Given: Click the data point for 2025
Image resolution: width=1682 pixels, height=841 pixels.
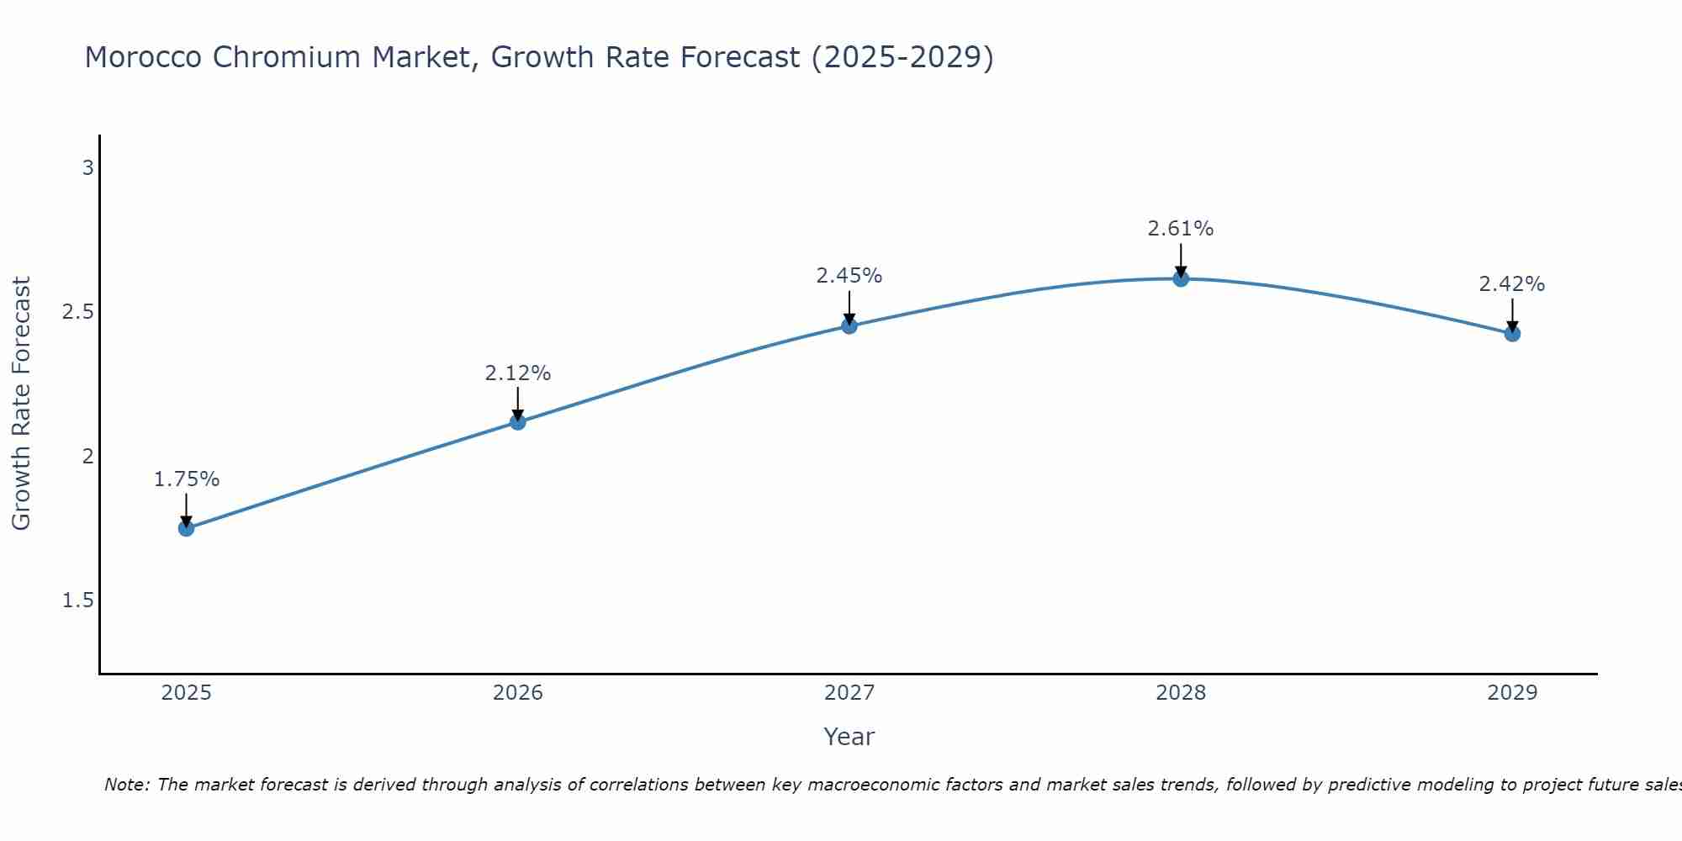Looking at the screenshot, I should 186,528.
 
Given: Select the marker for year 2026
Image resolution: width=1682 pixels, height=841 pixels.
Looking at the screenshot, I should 518,421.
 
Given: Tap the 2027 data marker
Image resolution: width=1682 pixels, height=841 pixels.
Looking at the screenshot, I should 849,325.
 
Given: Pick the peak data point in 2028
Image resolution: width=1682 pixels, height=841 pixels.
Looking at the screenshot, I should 1181,278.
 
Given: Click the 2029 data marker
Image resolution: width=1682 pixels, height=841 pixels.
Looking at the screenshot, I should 1512,334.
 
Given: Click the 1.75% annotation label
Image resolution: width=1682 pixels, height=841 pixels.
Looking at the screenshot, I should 187,479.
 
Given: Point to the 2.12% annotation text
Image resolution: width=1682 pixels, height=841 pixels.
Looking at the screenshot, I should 518,373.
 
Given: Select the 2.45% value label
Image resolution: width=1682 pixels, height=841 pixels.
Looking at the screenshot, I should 849,276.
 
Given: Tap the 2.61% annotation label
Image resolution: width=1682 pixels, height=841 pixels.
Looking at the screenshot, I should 1181,229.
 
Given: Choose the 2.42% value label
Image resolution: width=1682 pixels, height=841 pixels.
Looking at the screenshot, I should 1512,284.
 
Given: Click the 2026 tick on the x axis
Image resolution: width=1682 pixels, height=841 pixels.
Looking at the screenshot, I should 518,693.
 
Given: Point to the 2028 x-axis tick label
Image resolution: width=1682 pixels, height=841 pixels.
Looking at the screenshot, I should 1181,693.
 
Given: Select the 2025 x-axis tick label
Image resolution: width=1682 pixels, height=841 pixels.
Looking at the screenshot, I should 186,693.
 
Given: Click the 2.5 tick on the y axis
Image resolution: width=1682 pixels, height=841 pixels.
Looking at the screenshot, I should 77,312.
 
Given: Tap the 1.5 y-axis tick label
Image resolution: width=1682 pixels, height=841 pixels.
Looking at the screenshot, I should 77,600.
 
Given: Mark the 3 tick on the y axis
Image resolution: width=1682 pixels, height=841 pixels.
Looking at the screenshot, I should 87,168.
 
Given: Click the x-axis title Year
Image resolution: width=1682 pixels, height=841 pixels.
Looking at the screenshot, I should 849,737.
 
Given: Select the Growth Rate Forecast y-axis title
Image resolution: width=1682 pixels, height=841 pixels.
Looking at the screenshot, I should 21,404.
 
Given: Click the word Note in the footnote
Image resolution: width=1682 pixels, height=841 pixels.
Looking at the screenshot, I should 125,785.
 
